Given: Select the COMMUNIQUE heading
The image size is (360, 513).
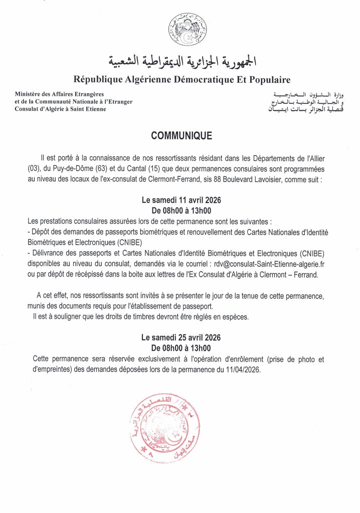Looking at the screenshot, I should pyautogui.click(x=181, y=136).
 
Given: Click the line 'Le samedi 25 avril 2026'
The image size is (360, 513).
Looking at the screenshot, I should pyautogui.click(x=182, y=338).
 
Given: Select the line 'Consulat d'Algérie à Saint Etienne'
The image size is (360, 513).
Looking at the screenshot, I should pyautogui.click(x=61, y=109).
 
